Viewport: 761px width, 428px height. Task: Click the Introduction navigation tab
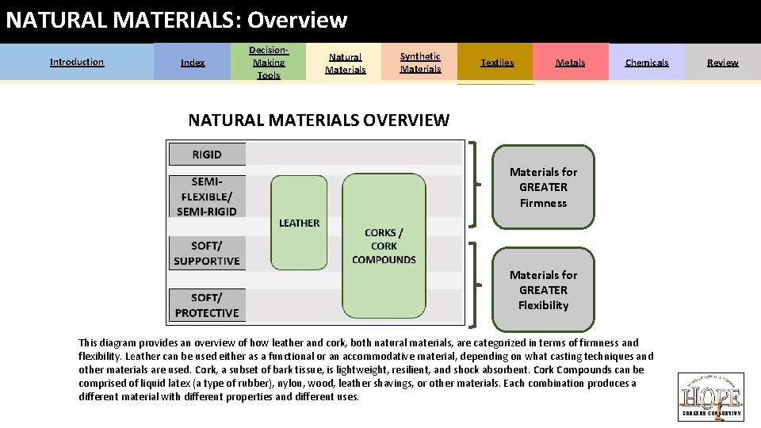[77, 62]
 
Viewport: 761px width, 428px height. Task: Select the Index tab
[193, 63]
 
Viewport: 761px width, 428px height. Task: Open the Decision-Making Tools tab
[269, 63]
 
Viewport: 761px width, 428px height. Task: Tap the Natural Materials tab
[346, 63]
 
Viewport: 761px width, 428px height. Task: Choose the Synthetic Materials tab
[420, 63]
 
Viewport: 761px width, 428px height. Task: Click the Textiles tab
[497, 63]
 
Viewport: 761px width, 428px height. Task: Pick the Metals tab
[571, 63]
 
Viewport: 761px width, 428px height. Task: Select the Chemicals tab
[647, 63]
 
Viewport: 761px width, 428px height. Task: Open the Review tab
[723, 63]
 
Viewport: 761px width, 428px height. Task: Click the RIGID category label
[207, 154]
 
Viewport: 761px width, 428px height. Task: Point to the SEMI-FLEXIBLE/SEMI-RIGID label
[207, 196]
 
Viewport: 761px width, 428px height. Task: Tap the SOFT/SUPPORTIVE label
[207, 254]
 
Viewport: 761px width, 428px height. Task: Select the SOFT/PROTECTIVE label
[207, 305]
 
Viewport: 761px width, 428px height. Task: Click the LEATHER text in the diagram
[299, 223]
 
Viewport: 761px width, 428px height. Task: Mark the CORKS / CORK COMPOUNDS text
[384, 246]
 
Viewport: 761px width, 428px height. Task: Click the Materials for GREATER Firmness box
[543, 187]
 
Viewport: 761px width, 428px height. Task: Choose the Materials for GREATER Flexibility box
[543, 289]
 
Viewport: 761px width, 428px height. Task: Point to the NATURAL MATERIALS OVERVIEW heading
[319, 120]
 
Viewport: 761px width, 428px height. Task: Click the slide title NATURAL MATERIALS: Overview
[177, 20]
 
